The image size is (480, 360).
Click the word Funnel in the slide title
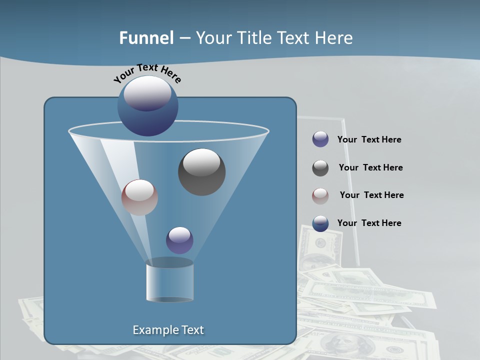(146, 38)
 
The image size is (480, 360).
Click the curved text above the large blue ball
(147, 73)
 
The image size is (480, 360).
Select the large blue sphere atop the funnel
(148, 106)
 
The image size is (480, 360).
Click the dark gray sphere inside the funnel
(201, 172)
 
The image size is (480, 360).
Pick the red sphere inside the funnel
(139, 197)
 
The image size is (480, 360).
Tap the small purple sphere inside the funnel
(179, 240)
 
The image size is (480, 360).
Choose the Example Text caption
(168, 330)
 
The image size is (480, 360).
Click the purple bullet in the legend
(320, 139)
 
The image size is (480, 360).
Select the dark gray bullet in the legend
(320, 168)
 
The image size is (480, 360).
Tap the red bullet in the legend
(320, 195)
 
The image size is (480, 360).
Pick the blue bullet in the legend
(320, 223)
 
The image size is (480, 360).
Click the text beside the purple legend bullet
(369, 139)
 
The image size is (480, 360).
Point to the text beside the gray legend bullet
(370, 167)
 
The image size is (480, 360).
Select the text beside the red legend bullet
(371, 195)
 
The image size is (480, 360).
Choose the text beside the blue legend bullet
(369, 223)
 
